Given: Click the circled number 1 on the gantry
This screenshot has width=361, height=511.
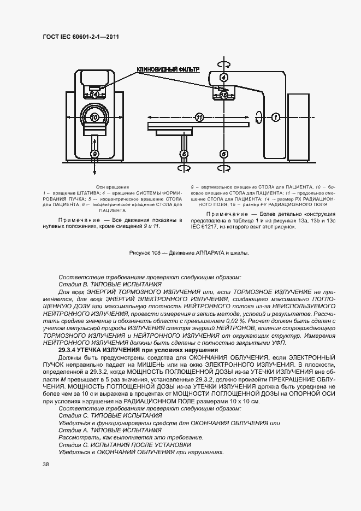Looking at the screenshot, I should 276,117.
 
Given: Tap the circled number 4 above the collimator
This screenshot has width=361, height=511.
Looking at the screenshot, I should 223,77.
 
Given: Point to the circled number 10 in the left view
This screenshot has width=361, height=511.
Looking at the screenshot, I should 94,118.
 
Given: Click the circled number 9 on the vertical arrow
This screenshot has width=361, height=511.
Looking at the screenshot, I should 94,155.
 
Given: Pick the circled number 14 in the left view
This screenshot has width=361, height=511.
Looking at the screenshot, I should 95,93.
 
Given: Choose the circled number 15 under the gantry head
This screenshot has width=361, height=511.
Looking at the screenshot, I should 223,95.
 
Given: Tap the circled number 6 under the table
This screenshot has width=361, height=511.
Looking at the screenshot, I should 185,155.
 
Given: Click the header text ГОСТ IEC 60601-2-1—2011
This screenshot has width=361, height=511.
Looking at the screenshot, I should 80,37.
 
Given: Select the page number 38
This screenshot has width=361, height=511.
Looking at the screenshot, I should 46,464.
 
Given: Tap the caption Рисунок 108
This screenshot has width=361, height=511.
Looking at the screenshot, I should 144,252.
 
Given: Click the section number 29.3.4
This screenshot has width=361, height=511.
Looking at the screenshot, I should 70,349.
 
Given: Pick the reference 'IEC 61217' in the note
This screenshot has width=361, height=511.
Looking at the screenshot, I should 204,227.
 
